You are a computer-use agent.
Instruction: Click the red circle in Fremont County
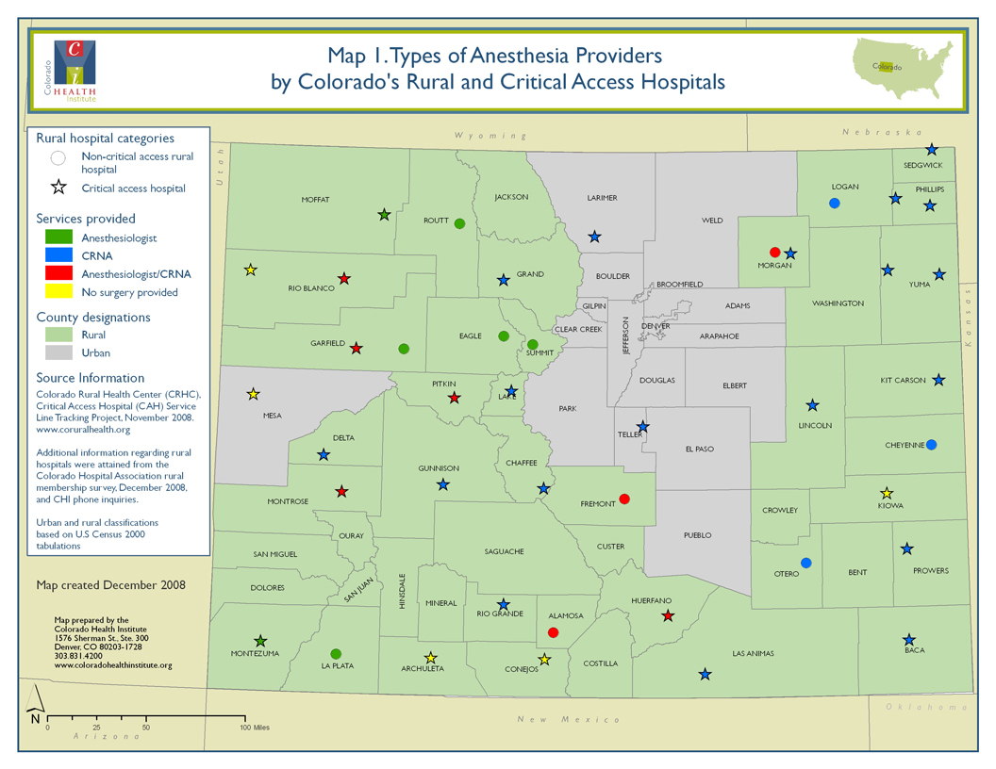click(x=623, y=499)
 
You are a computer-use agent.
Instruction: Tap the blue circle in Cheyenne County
click(x=931, y=445)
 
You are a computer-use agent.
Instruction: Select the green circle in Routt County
click(x=459, y=223)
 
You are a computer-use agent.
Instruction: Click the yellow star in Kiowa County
click(x=887, y=493)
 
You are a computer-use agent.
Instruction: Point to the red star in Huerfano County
click(x=668, y=615)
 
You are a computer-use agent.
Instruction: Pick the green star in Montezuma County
click(x=261, y=641)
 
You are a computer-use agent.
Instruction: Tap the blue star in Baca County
click(x=909, y=639)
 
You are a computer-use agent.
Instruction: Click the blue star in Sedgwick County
click(x=932, y=149)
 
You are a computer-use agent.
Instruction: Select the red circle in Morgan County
click(x=775, y=252)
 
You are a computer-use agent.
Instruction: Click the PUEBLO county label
click(x=697, y=534)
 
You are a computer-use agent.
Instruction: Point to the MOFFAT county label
click(x=315, y=200)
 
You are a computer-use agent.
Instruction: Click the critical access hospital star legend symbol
click(x=58, y=188)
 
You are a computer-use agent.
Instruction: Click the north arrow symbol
click(x=35, y=702)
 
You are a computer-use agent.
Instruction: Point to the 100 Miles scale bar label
click(x=255, y=728)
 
